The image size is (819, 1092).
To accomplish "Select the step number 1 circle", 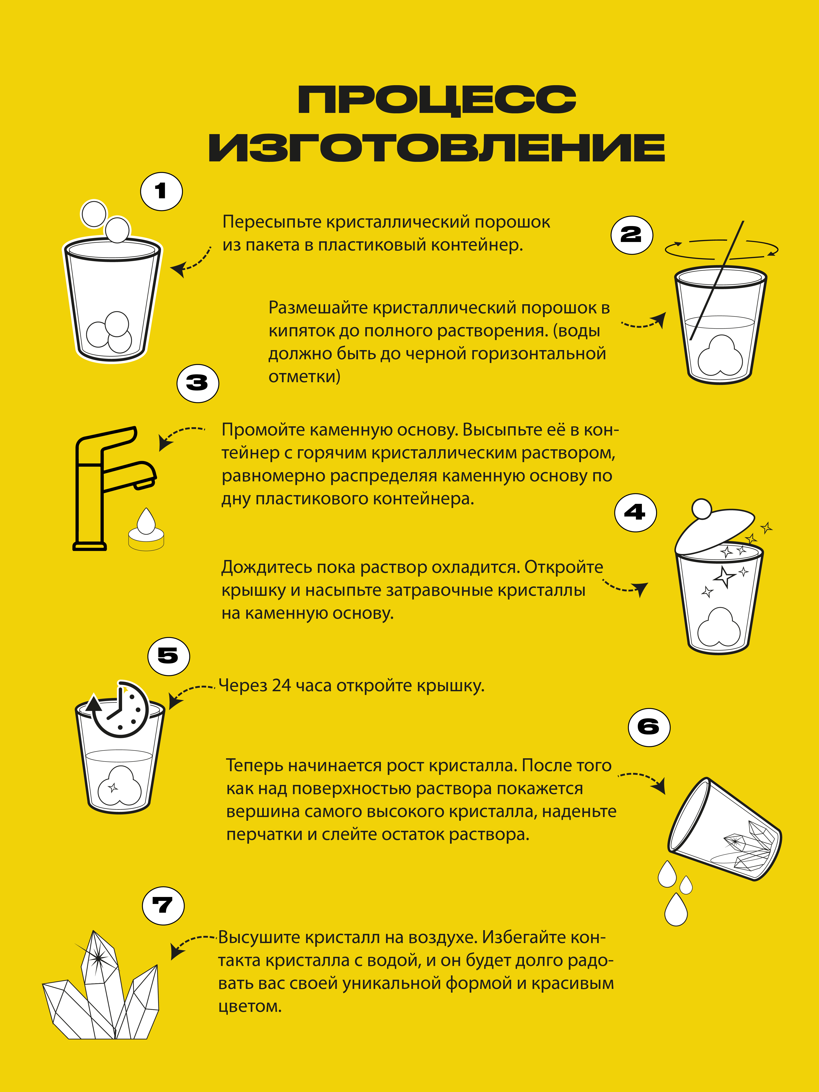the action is [x=161, y=192].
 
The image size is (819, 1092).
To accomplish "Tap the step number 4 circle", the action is [x=635, y=512].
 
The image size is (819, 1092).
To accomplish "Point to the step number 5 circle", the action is [x=168, y=656].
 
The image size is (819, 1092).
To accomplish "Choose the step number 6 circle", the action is [x=649, y=727].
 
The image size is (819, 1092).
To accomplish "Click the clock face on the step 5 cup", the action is [x=120, y=709].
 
